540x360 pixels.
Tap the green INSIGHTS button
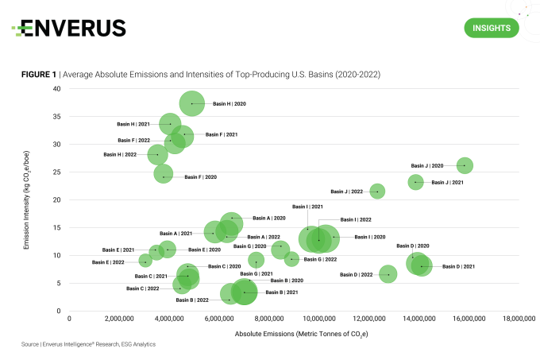click(x=491, y=28)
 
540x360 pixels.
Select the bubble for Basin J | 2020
click(x=465, y=165)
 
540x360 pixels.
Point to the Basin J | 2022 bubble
click(x=377, y=191)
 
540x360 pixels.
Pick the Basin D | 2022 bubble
click(x=388, y=274)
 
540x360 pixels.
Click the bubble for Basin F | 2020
click(x=164, y=174)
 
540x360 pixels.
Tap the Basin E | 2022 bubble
click(x=145, y=261)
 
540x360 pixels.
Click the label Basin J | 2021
click(x=447, y=183)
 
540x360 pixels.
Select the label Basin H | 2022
click(x=121, y=154)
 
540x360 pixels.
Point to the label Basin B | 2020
click(x=287, y=281)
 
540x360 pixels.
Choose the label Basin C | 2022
click(x=142, y=288)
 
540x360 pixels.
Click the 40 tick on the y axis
click(x=58, y=88)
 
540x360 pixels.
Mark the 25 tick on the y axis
click(x=58, y=172)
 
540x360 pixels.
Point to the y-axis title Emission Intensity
click(x=26, y=199)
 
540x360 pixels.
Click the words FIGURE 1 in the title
click(x=38, y=74)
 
